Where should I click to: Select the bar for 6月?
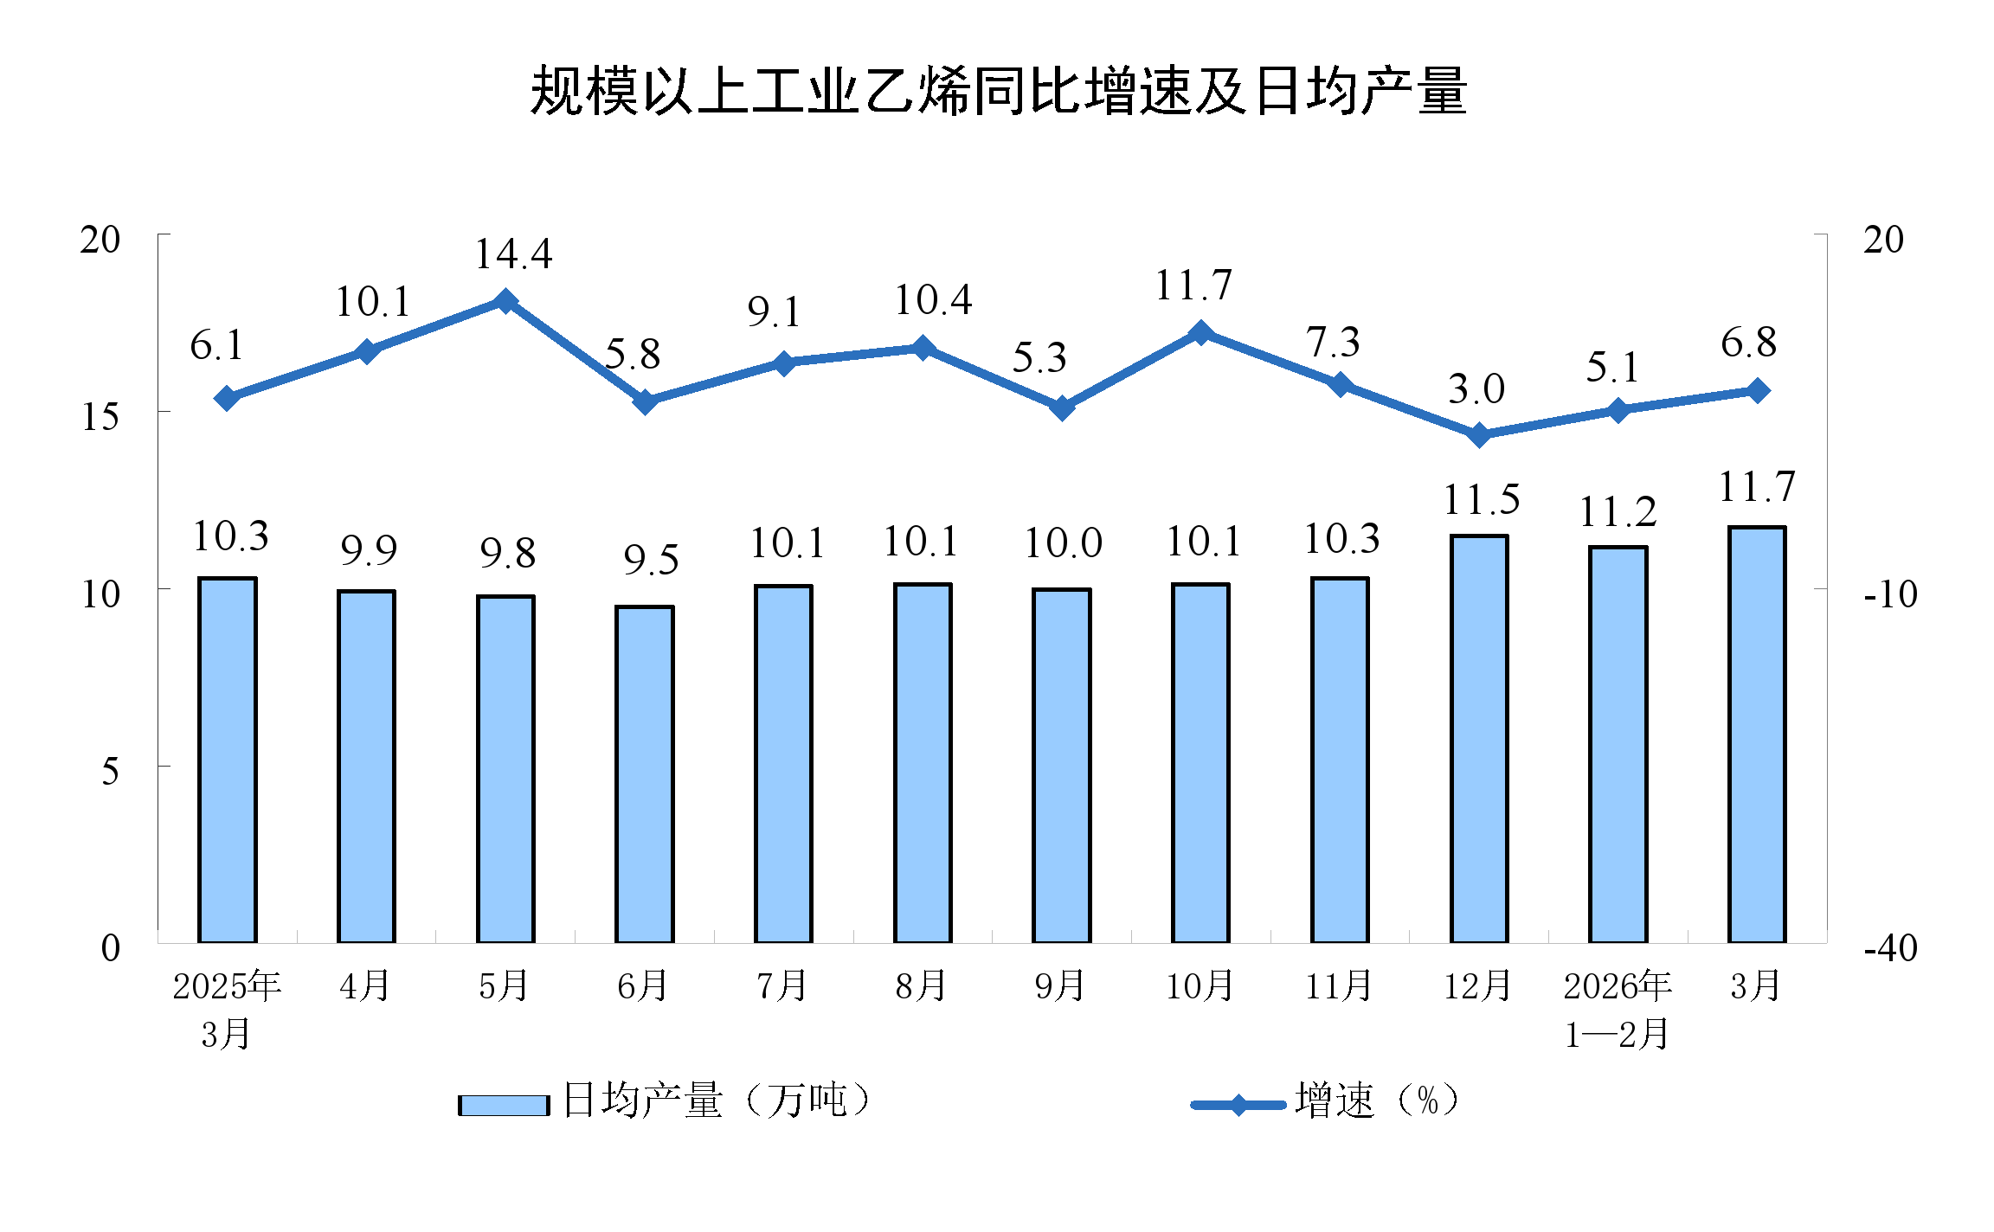click(644, 774)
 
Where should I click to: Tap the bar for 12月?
click(1479, 740)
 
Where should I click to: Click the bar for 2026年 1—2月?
click(1618, 744)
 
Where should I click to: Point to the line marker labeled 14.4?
click(505, 301)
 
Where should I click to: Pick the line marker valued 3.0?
click(1479, 434)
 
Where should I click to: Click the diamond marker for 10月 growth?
click(1200, 333)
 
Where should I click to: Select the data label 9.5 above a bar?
click(651, 561)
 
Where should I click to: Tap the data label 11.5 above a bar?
click(1481, 500)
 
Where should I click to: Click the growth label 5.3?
click(1039, 358)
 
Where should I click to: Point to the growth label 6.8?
click(1748, 343)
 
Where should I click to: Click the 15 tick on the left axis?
click(100, 417)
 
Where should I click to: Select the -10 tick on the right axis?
click(1890, 594)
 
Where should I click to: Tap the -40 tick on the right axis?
click(1890, 948)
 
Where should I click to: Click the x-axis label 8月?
click(921, 986)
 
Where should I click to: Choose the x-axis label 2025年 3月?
click(227, 1009)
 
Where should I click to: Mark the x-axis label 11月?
click(1339, 986)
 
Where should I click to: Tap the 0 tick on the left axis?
click(110, 948)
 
